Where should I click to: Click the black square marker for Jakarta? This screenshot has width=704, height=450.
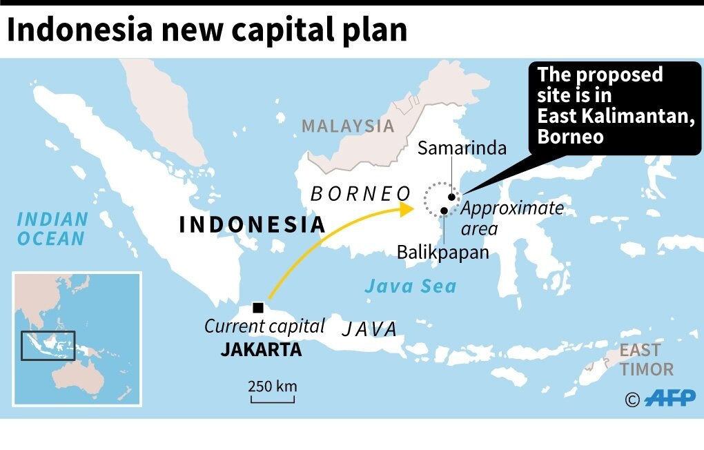(258, 308)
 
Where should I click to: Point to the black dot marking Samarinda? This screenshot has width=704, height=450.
(452, 197)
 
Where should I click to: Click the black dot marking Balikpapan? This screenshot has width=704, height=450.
(444, 211)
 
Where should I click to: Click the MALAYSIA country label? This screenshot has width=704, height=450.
(348, 126)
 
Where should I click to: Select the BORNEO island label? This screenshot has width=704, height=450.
(360, 194)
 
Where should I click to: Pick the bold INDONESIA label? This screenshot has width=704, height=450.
(252, 224)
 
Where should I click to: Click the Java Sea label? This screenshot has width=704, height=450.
(410, 286)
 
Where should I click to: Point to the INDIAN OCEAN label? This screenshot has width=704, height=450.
(52, 229)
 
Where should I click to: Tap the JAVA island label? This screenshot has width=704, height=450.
(370, 329)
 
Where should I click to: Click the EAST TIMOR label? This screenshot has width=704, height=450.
(646, 360)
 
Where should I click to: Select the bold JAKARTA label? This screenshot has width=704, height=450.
(261, 350)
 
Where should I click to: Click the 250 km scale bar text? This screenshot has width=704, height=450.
(273, 386)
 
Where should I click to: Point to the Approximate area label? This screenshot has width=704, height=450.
(512, 218)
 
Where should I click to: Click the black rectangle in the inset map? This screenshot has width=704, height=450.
(48, 346)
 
